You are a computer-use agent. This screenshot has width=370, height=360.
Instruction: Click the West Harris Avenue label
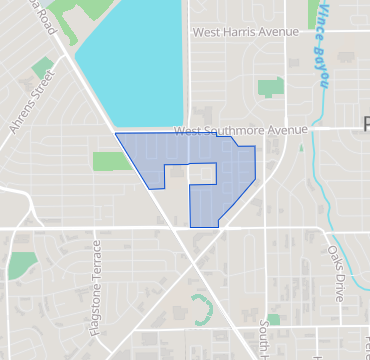(x=245, y=32)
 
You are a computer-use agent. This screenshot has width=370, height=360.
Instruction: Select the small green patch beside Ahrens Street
(x=42, y=68)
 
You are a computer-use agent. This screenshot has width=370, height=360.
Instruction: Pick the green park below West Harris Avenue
(x=270, y=87)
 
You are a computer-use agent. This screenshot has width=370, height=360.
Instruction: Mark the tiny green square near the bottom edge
(x=273, y=319)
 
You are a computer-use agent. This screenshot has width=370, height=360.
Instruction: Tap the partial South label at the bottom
(x=264, y=340)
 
